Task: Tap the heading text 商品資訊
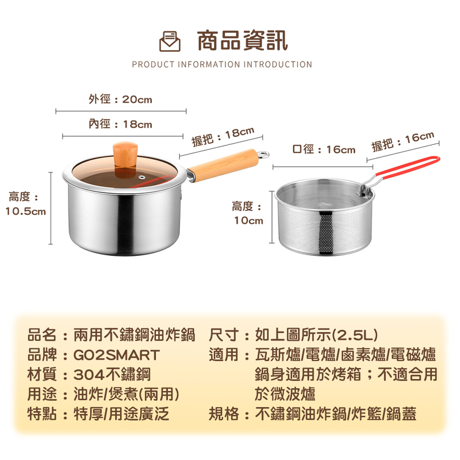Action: pos(242,41)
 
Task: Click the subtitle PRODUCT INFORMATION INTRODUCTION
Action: pos(222,64)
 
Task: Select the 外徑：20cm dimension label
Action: pos(120,99)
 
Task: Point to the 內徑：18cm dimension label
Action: pos(120,124)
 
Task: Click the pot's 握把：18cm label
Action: pos(223,136)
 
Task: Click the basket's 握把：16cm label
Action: pos(402,141)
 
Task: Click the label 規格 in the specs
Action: pos(223,413)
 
